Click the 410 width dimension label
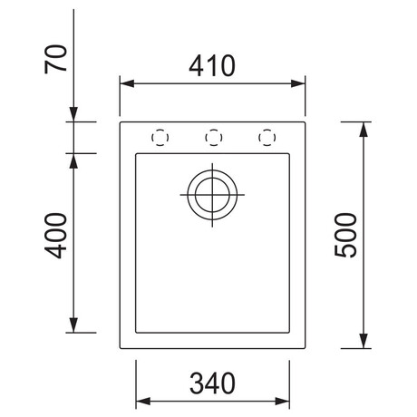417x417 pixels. click(x=212, y=65)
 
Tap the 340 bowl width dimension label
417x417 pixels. click(x=212, y=383)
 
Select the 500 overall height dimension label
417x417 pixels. click(x=345, y=235)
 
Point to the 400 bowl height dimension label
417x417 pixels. click(x=55, y=236)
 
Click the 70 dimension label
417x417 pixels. click(x=55, y=59)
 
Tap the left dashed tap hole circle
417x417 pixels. click(x=160, y=138)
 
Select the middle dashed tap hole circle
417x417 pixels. click(x=214, y=138)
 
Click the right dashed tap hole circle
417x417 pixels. click(x=267, y=138)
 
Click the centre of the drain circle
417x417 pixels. click(x=212, y=195)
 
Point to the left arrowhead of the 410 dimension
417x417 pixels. click(x=127, y=83)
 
